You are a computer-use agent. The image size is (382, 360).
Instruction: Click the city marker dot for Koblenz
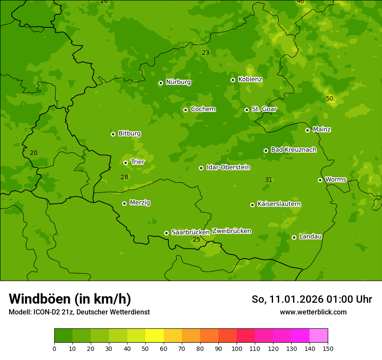(233, 80)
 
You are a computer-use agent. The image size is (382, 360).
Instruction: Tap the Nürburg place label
(178, 82)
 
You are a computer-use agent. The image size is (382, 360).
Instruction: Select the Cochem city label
(203, 109)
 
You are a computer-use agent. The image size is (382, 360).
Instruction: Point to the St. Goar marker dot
(247, 110)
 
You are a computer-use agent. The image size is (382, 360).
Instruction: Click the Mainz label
(322, 129)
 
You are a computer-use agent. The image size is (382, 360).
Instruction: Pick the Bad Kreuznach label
(293, 150)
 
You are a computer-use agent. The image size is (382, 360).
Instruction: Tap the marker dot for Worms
(320, 180)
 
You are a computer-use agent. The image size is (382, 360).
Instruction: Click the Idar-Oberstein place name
(228, 167)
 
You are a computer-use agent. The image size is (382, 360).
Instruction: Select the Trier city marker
(125, 163)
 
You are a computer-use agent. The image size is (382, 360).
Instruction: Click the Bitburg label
(129, 133)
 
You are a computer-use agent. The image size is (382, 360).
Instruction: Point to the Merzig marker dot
(124, 203)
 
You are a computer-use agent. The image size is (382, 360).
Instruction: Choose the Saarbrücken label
(190, 232)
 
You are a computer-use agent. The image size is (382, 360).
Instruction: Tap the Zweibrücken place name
(231, 231)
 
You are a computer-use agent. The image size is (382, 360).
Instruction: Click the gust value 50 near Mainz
(329, 98)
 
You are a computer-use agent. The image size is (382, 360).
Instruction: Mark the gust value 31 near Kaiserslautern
(269, 180)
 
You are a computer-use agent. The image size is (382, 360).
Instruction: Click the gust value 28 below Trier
(125, 177)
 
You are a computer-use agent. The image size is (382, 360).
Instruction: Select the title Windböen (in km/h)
(70, 299)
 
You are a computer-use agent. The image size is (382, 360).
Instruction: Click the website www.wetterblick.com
(313, 312)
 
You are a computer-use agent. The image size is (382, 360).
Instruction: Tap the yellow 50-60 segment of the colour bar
(155, 336)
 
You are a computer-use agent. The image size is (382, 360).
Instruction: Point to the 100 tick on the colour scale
(237, 348)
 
